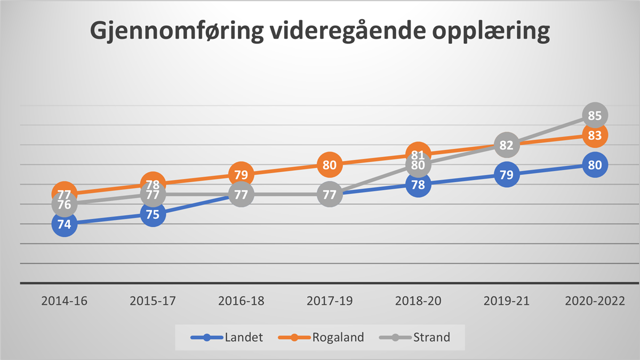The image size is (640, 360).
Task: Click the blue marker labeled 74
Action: click(x=64, y=225)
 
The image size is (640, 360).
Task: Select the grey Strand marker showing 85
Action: click(x=595, y=115)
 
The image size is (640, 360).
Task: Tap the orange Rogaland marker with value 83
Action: click(x=595, y=135)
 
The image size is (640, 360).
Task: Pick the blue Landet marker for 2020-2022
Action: click(x=595, y=165)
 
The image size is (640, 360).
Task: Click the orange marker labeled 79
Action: click(x=241, y=174)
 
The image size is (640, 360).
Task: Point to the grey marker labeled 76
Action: click(x=64, y=205)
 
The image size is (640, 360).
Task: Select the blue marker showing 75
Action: click(x=153, y=214)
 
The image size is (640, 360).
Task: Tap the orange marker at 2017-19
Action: click(x=330, y=165)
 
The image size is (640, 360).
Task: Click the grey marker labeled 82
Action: click(x=507, y=145)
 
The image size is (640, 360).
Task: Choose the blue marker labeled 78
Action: click(x=418, y=185)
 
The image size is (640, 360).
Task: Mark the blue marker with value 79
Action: click(x=507, y=175)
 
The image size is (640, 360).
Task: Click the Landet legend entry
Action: click(x=227, y=337)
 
